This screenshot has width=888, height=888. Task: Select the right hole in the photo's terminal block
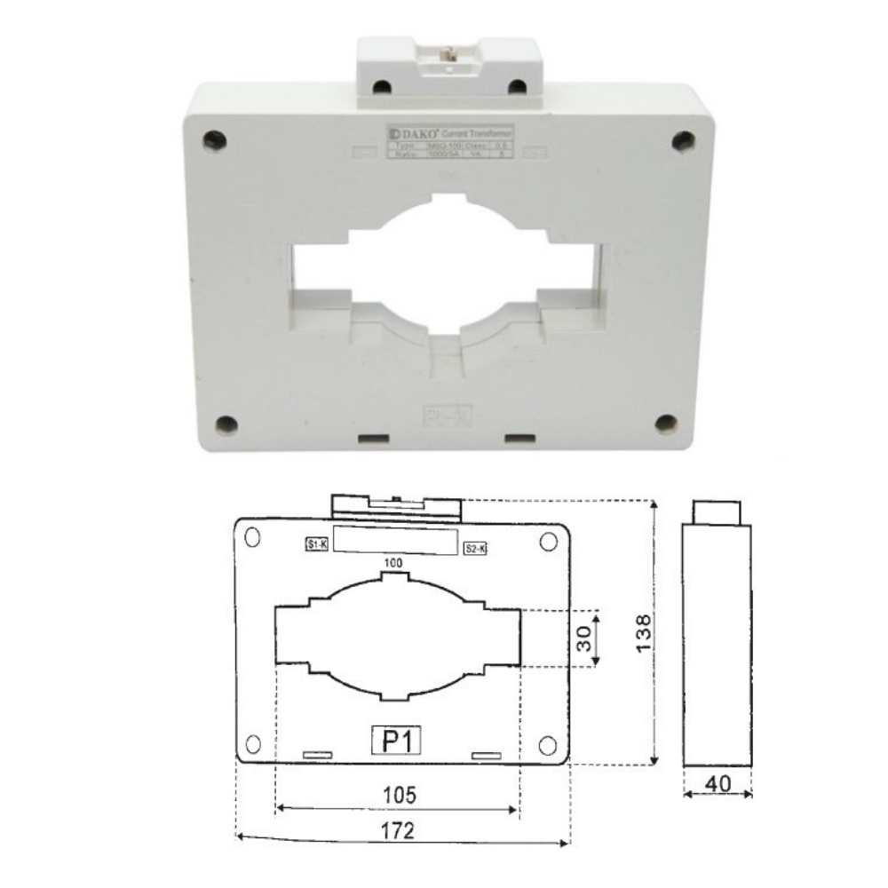pyautogui.click(x=515, y=85)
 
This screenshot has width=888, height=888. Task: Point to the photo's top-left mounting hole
pyautogui.click(x=213, y=139)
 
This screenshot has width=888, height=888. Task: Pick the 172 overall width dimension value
pyautogui.click(x=402, y=831)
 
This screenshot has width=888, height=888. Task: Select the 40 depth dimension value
pyautogui.click(x=718, y=784)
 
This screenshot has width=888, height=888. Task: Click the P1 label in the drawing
pyautogui.click(x=395, y=740)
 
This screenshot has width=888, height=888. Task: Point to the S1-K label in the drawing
pyautogui.click(x=316, y=545)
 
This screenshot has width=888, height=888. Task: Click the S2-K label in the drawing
pyautogui.click(x=476, y=550)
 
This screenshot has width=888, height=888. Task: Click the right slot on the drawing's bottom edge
pyautogui.click(x=486, y=756)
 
